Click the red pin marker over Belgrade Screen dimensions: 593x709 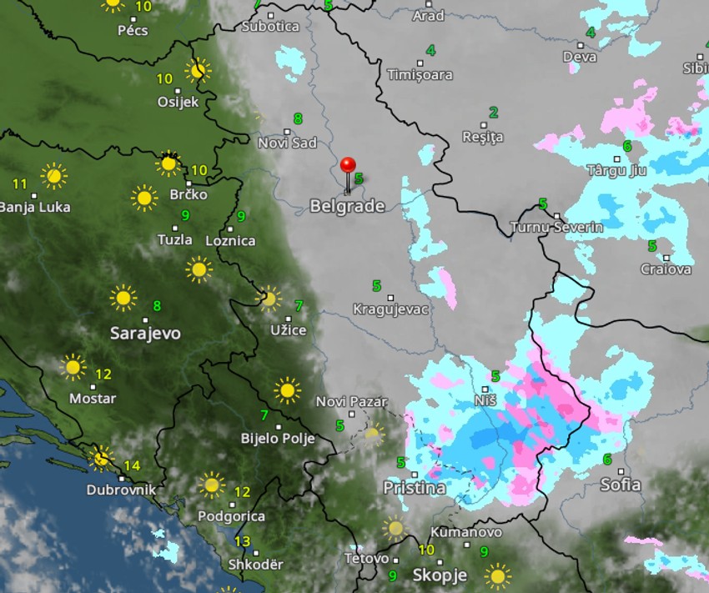pyautogui.click(x=348, y=166)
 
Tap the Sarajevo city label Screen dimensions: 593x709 pyautogui.click(x=145, y=334)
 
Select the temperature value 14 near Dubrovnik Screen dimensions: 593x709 pyautogui.click(x=132, y=465)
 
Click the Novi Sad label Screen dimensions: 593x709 pyautogui.click(x=287, y=143)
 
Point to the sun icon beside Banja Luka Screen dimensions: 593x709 pyautogui.click(x=54, y=176)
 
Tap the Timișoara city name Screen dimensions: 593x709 pyautogui.click(x=420, y=74)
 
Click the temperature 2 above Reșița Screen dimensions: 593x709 pyautogui.click(x=493, y=113)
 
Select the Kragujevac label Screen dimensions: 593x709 pyautogui.click(x=390, y=309)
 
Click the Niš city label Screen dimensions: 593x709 pyautogui.click(x=485, y=401)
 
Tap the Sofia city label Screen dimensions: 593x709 pyautogui.click(x=621, y=485)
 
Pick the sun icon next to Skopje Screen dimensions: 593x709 pyautogui.click(x=498, y=575)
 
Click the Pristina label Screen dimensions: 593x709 pyautogui.click(x=415, y=488)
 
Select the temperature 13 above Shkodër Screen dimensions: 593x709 pyautogui.click(x=242, y=542)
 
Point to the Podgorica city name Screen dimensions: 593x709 pyautogui.click(x=231, y=516)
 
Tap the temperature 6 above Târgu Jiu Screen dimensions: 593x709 pyautogui.click(x=627, y=146)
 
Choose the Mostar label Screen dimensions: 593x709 pyautogui.click(x=93, y=399)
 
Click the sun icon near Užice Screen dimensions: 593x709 pyautogui.click(x=269, y=298)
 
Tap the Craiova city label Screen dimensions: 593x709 pyautogui.click(x=666, y=269)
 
